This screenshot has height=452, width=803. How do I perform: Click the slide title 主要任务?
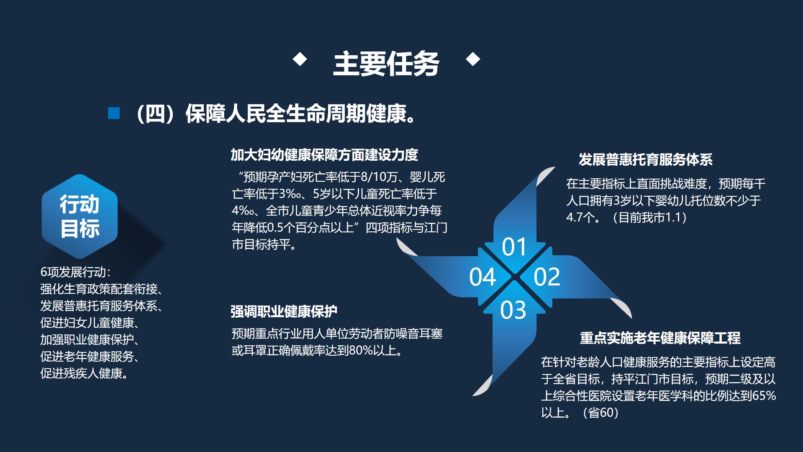pos(386,64)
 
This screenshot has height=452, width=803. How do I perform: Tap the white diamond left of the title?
pos(300,59)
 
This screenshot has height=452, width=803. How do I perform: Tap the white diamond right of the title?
pos(473,59)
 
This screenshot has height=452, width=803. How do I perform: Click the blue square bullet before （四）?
pos(114,113)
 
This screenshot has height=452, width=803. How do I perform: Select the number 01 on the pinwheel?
pos(514,247)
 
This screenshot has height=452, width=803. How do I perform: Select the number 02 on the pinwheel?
pos(546,277)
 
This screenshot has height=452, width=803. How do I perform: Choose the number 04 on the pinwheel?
pos(482,277)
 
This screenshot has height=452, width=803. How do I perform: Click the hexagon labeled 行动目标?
pos(80,216)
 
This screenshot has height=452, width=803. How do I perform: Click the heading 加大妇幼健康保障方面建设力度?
pos(324,155)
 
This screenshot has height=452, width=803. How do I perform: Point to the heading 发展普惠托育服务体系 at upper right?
pos(645,159)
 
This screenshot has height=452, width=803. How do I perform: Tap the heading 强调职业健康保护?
pos(284,311)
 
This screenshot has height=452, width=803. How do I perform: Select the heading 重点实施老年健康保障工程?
pos(660,338)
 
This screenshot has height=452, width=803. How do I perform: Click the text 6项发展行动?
pos(75,272)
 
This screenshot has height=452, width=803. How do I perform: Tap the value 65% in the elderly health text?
pos(764,396)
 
